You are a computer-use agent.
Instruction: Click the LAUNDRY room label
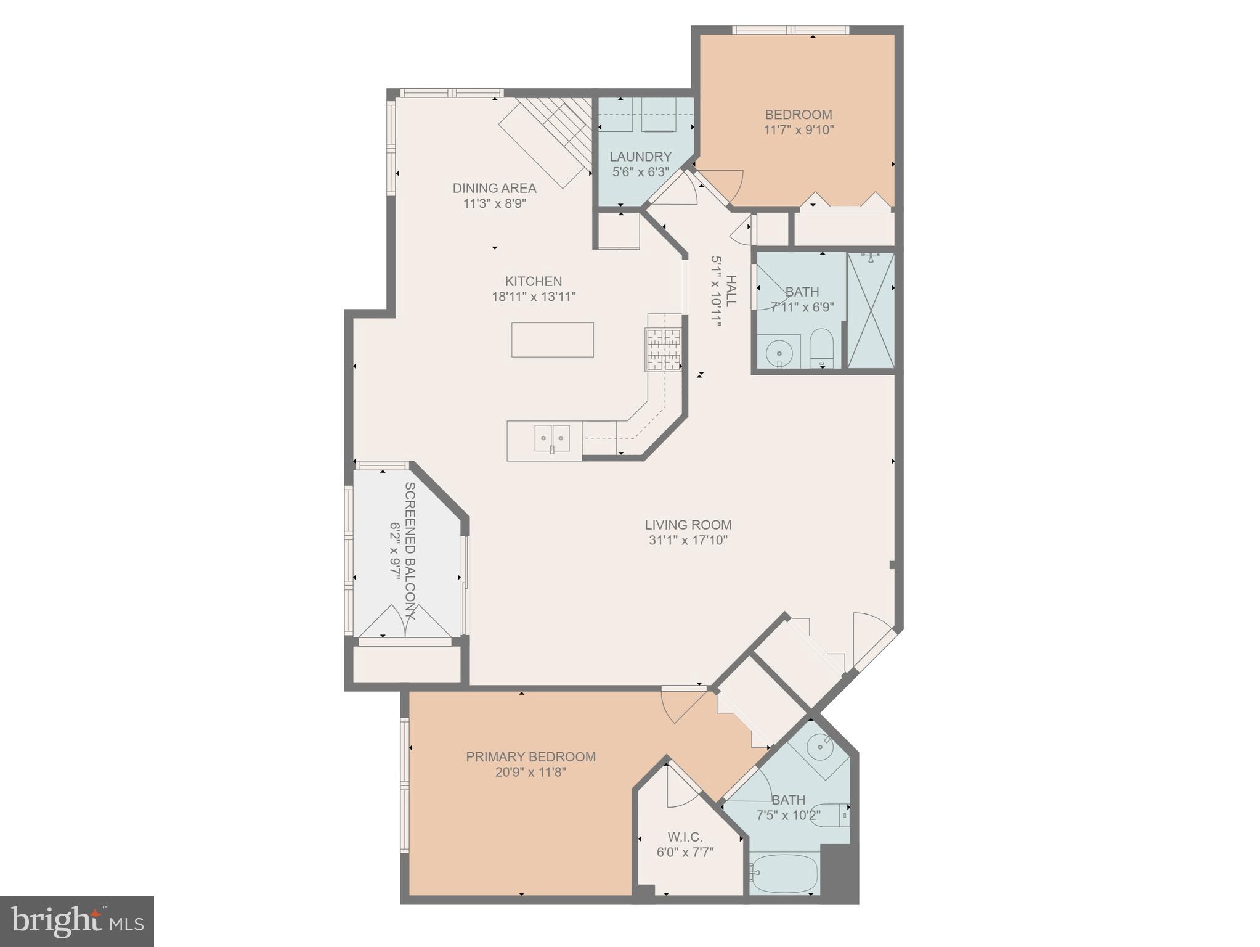(640, 157)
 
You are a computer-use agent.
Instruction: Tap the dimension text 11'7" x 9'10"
(799, 130)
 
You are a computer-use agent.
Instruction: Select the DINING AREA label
(494, 188)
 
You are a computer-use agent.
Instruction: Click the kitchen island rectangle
(552, 340)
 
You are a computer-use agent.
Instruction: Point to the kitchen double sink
(551, 438)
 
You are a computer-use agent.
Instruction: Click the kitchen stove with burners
(664, 350)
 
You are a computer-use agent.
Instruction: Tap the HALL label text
(731, 291)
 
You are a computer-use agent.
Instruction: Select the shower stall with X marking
(871, 311)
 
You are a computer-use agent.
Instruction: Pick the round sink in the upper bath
(779, 354)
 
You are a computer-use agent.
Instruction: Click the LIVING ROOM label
(688, 525)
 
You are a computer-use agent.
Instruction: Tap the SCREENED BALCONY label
(410, 550)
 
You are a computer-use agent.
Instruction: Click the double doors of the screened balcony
(405, 621)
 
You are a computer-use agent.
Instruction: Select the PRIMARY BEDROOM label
(530, 756)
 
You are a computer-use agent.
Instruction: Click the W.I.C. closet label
(685, 837)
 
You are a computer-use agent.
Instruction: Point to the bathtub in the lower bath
(784, 873)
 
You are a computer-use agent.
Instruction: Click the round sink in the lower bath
(821, 747)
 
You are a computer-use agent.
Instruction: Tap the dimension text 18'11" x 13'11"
(534, 297)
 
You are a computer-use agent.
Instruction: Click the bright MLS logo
(77, 922)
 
